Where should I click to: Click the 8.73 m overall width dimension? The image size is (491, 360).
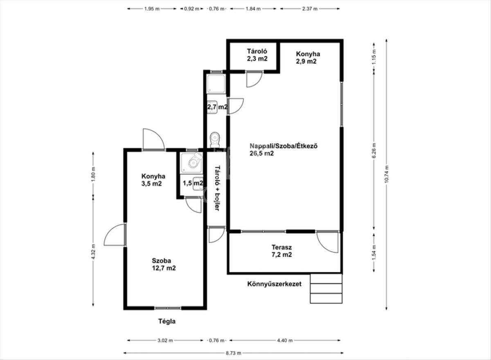click(234, 353)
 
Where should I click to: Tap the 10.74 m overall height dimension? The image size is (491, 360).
click(386, 174)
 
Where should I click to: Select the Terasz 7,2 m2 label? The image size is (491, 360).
click(282, 251)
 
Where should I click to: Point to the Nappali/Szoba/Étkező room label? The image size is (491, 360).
click(284, 149)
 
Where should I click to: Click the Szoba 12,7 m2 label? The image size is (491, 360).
click(164, 264)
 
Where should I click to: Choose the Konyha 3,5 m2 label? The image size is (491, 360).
click(153, 180)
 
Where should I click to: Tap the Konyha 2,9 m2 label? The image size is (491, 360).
click(308, 57)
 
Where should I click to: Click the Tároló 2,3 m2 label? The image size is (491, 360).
click(257, 55)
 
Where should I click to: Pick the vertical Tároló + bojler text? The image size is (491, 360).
click(217, 188)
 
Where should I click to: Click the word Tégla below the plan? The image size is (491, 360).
click(167, 322)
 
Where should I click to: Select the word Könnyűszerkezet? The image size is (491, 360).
click(275, 284)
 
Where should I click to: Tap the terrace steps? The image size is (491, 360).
click(326, 288)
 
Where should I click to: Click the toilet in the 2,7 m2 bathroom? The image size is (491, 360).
click(214, 140)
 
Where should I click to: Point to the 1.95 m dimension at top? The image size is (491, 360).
click(152, 9)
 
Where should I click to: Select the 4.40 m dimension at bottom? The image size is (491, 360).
click(285, 340)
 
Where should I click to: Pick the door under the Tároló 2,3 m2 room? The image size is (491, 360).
click(254, 79)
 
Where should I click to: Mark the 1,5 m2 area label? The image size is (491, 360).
click(193, 183)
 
